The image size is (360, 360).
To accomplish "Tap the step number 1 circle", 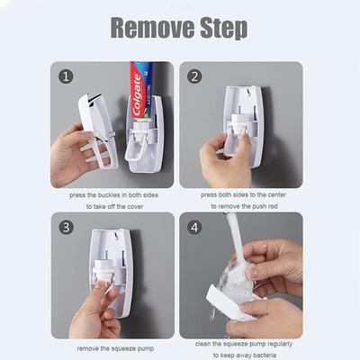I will [x=65, y=76].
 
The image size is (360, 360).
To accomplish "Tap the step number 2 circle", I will [x=194, y=76].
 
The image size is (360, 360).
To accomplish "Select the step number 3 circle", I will [x=65, y=226].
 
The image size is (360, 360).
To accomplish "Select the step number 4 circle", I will [x=194, y=226].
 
